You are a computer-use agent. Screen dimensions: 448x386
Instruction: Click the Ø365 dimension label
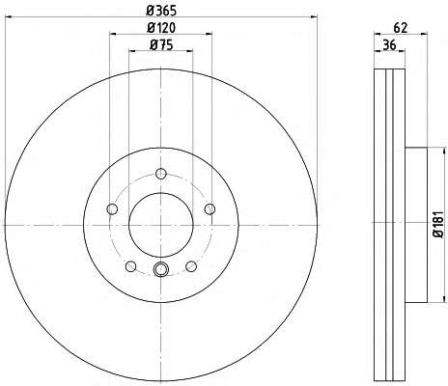pyautogui.click(x=161, y=11)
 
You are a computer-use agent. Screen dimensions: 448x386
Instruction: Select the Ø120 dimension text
pyautogui.click(x=161, y=28)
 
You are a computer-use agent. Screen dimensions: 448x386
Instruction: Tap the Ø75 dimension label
pyautogui.click(x=161, y=45)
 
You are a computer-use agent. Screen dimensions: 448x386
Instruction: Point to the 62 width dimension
pyautogui.click(x=401, y=28)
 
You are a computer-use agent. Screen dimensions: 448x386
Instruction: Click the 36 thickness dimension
pyautogui.click(x=390, y=45)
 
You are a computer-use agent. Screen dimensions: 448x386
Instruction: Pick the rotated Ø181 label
pyautogui.click(x=439, y=225)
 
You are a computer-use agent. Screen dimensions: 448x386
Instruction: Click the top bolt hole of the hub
pyautogui.click(x=160, y=174)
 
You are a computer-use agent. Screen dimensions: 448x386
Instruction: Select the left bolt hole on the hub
pyautogui.click(x=112, y=209)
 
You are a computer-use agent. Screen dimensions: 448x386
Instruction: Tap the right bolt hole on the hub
pyautogui.click(x=210, y=209)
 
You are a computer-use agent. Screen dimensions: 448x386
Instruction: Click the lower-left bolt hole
pyautogui.click(x=130, y=266)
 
